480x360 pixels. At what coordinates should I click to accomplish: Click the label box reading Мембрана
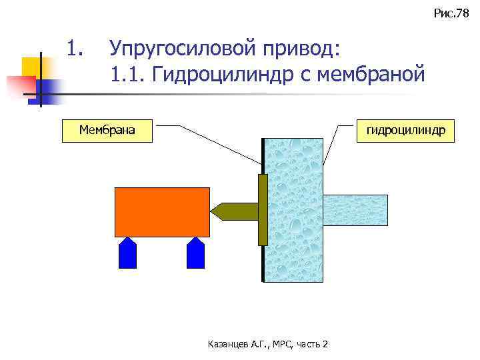107,130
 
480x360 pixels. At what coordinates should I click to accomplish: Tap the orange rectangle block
162,211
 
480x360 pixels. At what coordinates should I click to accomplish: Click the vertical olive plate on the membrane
262,209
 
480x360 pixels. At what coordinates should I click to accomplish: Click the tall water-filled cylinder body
294,209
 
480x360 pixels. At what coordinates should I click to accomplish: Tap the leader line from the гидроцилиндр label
336,145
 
